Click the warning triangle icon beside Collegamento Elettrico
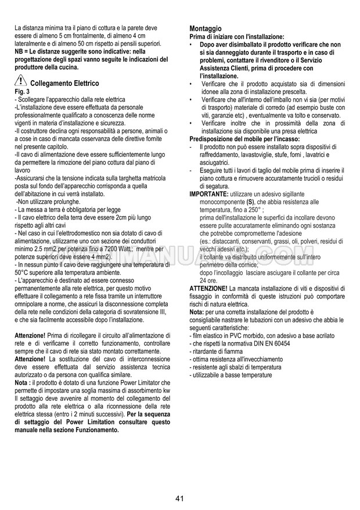pos(21,82)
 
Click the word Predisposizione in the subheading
pos(213,139)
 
